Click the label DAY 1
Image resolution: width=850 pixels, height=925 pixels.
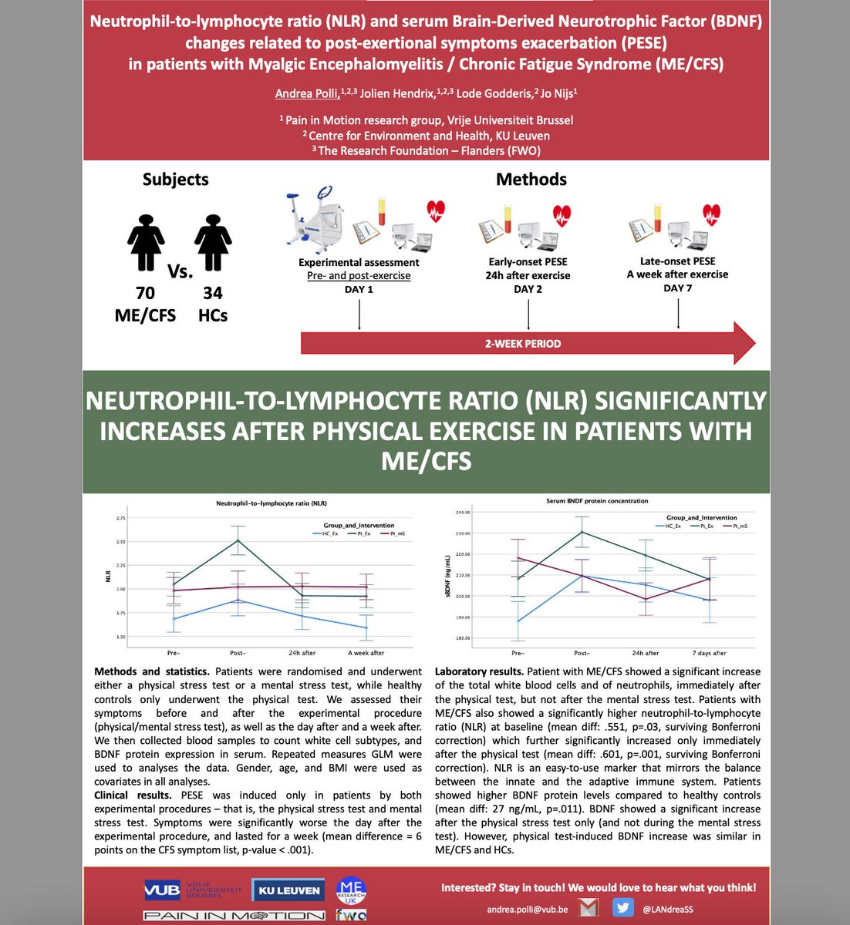[359, 289]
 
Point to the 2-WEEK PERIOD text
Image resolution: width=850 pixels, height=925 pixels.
[523, 343]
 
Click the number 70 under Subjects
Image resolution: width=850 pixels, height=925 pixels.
[145, 293]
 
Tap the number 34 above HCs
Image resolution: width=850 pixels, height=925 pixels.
[213, 293]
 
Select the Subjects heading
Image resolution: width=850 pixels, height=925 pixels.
[175, 179]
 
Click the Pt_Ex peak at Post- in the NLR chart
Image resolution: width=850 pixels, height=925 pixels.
[238, 540]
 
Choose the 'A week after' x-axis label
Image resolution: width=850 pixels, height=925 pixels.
[366, 653]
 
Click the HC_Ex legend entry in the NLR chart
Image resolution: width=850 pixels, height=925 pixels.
[322, 533]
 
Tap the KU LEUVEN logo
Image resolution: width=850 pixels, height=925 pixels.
[288, 890]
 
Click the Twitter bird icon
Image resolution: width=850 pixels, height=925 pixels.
[622, 907]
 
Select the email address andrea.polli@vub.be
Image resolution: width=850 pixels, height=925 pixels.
[527, 910]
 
